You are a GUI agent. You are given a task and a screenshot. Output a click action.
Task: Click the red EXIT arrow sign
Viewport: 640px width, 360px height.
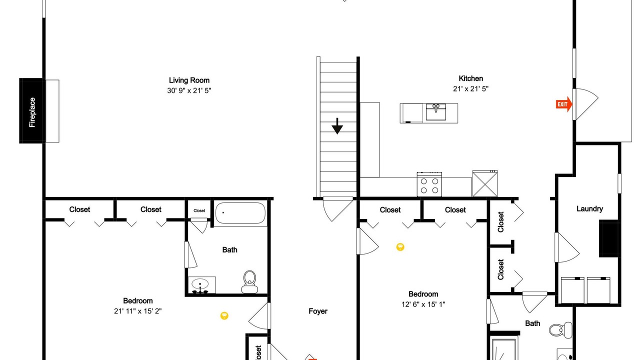click(563, 104)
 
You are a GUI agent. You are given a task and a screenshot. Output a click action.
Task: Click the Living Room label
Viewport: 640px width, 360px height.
click(189, 80)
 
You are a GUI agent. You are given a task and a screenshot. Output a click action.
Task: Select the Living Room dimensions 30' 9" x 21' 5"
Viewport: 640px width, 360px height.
click(189, 90)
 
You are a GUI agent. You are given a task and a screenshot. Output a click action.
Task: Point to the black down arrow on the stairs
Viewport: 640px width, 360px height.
click(337, 126)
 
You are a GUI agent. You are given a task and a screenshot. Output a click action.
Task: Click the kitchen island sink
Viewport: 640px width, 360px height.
click(435, 112)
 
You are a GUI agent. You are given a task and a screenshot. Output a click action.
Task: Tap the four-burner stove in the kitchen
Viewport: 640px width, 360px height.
click(429, 184)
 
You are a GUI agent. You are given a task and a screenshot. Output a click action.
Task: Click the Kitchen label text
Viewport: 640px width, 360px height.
click(471, 78)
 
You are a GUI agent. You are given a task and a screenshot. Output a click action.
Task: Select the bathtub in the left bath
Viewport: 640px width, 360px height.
click(240, 213)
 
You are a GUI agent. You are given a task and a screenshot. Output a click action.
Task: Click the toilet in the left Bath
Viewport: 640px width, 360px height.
click(249, 281)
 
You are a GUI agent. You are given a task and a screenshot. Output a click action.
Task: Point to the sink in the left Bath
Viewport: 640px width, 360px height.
click(200, 285)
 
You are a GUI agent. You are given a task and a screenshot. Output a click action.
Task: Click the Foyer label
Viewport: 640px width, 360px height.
click(318, 311)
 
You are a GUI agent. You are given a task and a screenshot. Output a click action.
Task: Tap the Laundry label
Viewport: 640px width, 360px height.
click(589, 209)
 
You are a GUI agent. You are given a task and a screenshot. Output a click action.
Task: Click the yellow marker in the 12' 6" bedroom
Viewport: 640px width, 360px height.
click(400, 247)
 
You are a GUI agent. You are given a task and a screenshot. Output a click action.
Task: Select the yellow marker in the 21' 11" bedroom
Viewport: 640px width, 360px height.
click(224, 315)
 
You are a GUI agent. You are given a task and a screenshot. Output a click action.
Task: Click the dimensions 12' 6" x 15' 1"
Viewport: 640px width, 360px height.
click(423, 304)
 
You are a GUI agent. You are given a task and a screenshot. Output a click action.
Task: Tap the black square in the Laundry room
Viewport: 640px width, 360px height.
click(609, 238)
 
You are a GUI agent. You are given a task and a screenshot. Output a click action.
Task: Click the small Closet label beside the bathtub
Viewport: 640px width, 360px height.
click(199, 210)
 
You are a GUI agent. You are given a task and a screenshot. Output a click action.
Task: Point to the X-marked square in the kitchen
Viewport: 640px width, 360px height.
click(485, 183)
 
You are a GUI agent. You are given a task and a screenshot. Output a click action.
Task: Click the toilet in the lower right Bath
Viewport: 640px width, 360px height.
click(560, 330)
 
